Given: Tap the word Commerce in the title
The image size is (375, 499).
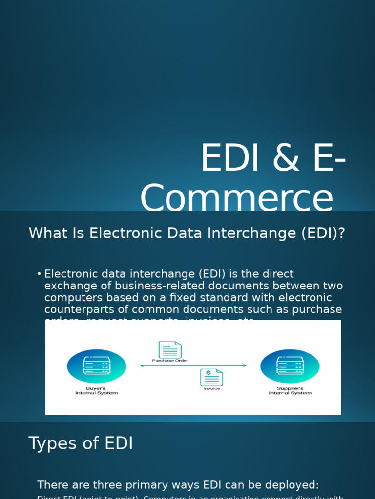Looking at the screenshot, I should [x=236, y=198].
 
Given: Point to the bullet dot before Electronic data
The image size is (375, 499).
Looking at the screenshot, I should [x=39, y=274].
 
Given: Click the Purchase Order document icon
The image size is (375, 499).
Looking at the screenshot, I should [x=170, y=349].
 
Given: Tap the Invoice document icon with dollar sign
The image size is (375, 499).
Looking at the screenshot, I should [x=211, y=378].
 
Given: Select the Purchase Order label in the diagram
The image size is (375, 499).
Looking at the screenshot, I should [x=170, y=361].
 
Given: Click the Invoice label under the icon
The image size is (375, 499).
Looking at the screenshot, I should [x=211, y=389].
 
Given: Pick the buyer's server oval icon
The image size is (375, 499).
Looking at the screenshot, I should [x=96, y=366].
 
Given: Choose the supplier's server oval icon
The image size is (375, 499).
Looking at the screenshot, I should [x=290, y=366].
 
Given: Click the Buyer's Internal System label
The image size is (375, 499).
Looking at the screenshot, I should [x=96, y=391].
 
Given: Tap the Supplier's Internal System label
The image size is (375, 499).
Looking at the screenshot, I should [x=290, y=391].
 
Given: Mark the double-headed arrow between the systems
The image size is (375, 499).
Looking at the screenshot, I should [x=193, y=365].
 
